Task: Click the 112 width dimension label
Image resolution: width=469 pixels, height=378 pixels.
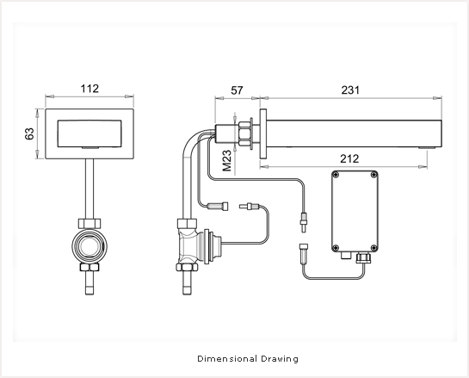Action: [x=89, y=89]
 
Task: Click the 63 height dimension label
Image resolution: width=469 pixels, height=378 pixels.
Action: [x=29, y=133]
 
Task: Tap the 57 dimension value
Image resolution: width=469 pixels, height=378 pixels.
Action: [x=237, y=90]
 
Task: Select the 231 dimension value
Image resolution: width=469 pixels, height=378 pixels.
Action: [x=350, y=90]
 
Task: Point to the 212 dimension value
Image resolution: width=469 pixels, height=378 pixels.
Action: [x=349, y=158]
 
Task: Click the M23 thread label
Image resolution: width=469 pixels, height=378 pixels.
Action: [x=227, y=160]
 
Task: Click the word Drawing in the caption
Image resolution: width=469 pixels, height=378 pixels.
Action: [x=280, y=359]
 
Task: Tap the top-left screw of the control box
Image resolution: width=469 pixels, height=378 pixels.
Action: [x=336, y=175]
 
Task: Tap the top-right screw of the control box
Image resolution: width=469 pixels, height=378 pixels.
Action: [x=373, y=175]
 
